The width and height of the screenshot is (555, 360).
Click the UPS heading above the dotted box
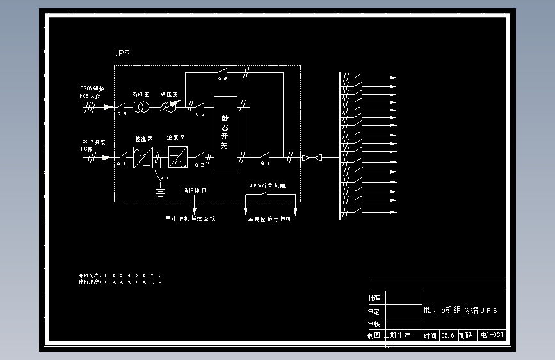[x=120, y=53]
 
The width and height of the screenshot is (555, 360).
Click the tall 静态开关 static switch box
[x=225, y=133]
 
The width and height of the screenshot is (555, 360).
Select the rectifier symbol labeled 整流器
[x=143, y=157]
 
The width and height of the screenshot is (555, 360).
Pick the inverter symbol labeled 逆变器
[x=177, y=157]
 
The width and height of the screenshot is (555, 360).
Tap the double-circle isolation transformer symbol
[x=141, y=107]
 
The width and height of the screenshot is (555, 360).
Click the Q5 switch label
[x=222, y=79]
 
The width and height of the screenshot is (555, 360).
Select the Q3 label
[x=200, y=114]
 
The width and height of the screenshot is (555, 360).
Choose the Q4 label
[x=264, y=163]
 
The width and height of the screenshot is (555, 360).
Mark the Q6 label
[x=122, y=114]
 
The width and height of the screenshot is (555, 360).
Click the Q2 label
[x=199, y=165]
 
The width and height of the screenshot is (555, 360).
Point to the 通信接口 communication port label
[x=195, y=191]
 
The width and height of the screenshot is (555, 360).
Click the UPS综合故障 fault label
[x=267, y=186]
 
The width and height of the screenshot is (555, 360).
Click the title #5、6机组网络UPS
[x=460, y=310]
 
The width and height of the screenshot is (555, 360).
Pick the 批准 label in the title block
[x=374, y=299]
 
